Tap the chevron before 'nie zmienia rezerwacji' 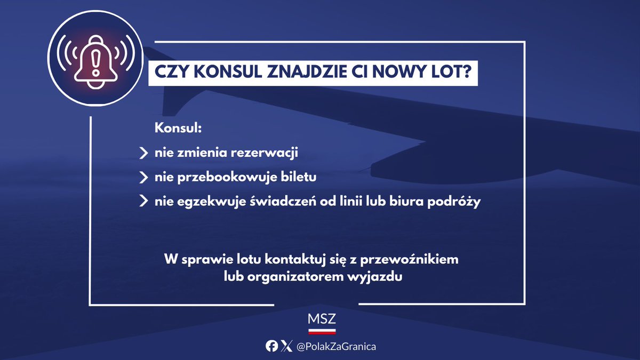pos(143,154)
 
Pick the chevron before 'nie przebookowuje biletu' pos(143,177)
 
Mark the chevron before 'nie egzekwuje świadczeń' pos(143,202)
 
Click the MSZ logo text pos(322,319)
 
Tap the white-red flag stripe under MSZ pos(322,331)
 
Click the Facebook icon pos(272,347)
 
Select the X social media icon pos(286,347)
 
